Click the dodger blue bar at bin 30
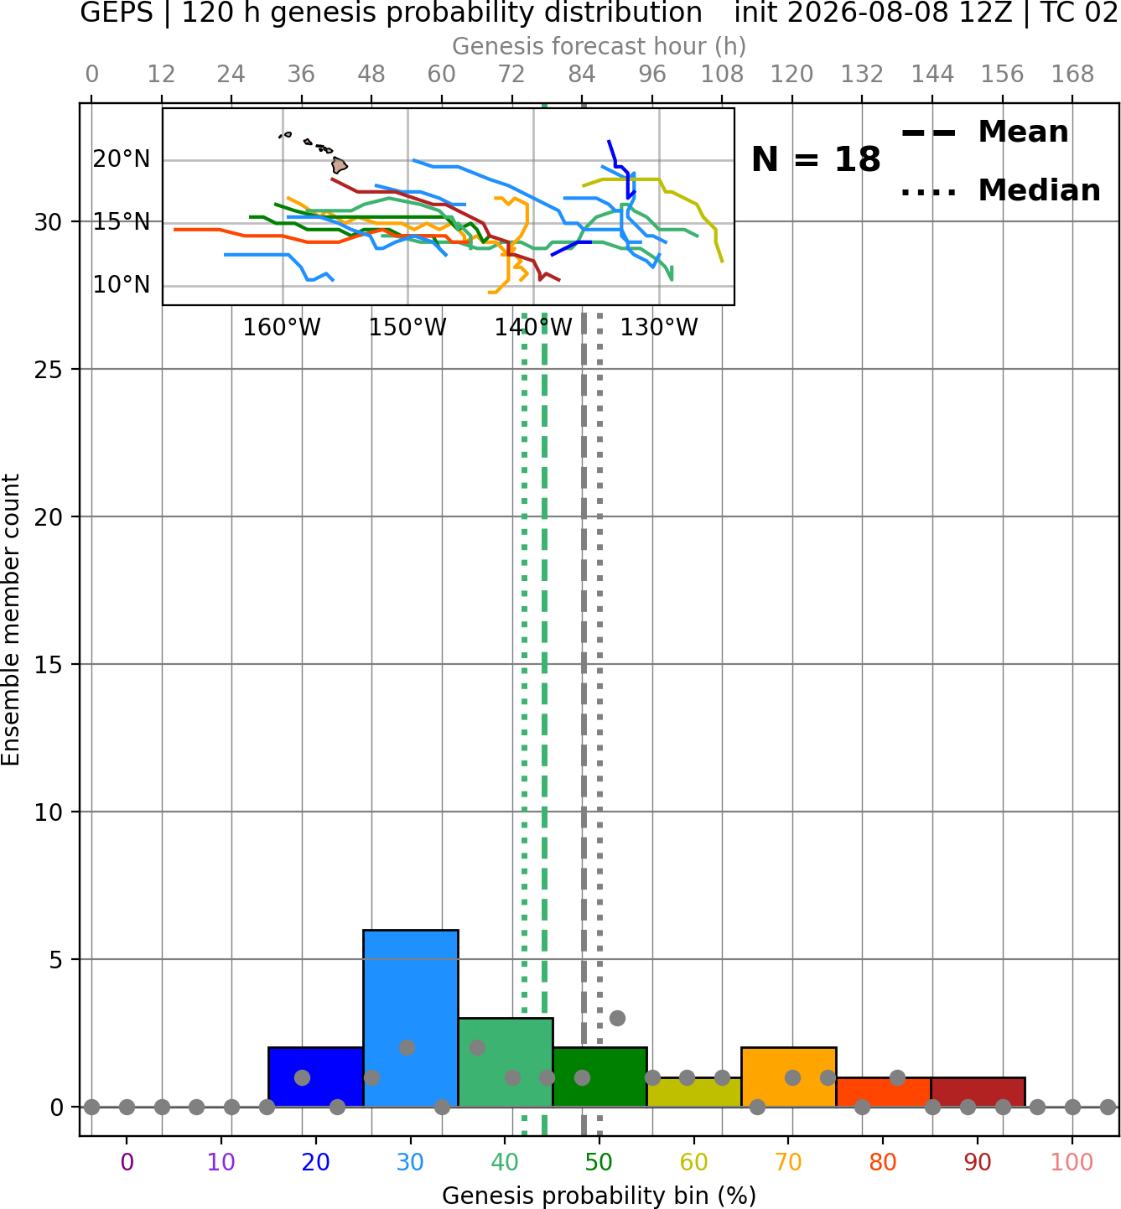(410, 1018)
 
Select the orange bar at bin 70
(788, 1077)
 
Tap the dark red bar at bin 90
(978, 1092)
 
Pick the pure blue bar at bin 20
(316, 1077)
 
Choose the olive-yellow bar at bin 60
(694, 1092)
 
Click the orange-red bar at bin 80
(884, 1092)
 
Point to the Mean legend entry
(984, 132)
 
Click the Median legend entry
(1001, 190)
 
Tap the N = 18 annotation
(816, 159)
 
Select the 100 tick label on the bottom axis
(1072, 1163)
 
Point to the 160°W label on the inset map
(282, 328)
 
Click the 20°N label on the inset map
(122, 159)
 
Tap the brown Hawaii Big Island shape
(340, 165)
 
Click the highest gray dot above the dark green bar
(617, 1019)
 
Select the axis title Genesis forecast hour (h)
(599, 46)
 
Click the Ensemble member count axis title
(10, 620)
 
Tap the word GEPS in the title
(117, 13)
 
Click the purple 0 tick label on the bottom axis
(127, 1163)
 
